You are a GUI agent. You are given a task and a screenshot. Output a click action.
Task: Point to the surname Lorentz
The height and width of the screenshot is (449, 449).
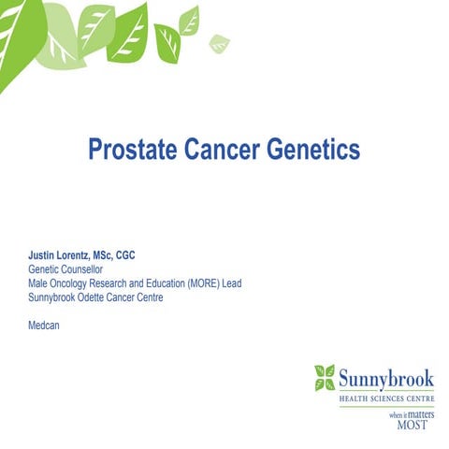(83, 253)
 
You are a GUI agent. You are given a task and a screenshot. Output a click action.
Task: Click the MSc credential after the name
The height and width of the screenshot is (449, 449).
(119, 253)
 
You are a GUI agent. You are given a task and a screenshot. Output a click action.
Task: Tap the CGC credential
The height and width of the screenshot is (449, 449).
(149, 253)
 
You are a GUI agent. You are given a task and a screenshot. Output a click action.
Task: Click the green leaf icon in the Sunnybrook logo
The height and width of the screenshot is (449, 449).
(324, 378)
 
